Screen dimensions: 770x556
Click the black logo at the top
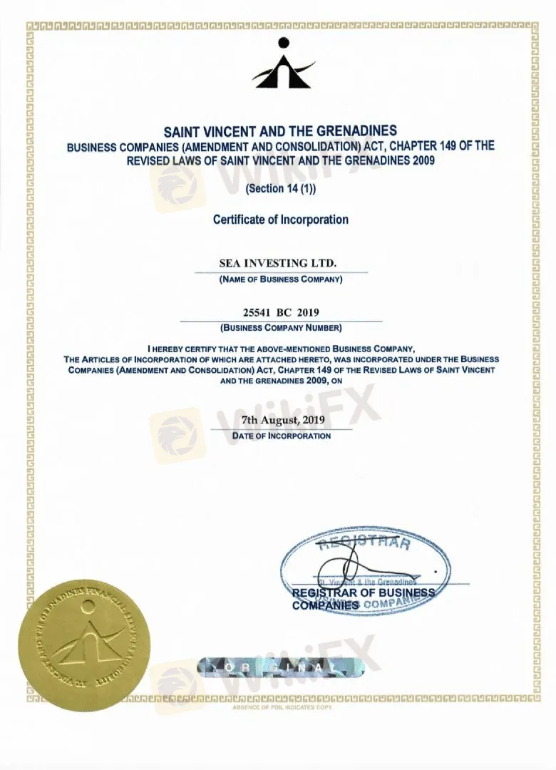click(x=283, y=64)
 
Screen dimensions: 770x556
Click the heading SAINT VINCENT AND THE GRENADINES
click(x=280, y=132)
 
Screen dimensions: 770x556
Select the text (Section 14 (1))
click(x=280, y=189)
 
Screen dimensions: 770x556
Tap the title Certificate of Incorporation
click(x=281, y=220)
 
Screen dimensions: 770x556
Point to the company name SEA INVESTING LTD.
click(x=277, y=264)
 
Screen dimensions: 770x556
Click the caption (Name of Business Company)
click(x=281, y=279)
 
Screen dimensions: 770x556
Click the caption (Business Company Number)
click(x=281, y=328)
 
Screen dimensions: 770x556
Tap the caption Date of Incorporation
click(x=281, y=435)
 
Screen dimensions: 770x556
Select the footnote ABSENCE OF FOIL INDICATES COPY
click(x=282, y=707)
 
